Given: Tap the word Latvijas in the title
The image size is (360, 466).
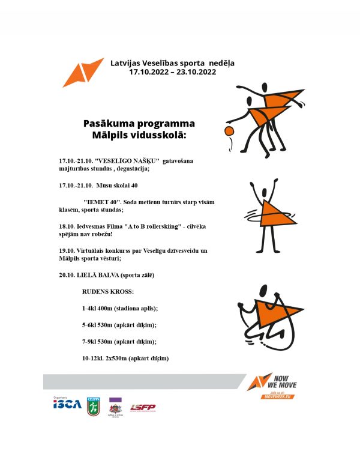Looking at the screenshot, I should point(127,62).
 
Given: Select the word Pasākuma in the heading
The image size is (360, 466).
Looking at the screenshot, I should point(107,123).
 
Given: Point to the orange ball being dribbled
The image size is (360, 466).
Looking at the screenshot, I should point(228,131).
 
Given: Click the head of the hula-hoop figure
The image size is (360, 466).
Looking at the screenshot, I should point(263,185).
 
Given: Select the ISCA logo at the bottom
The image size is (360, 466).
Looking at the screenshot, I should point(67,404).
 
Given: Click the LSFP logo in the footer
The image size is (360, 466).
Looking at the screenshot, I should point(143,408).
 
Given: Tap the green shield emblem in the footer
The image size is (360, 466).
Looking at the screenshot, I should point(94,407).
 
